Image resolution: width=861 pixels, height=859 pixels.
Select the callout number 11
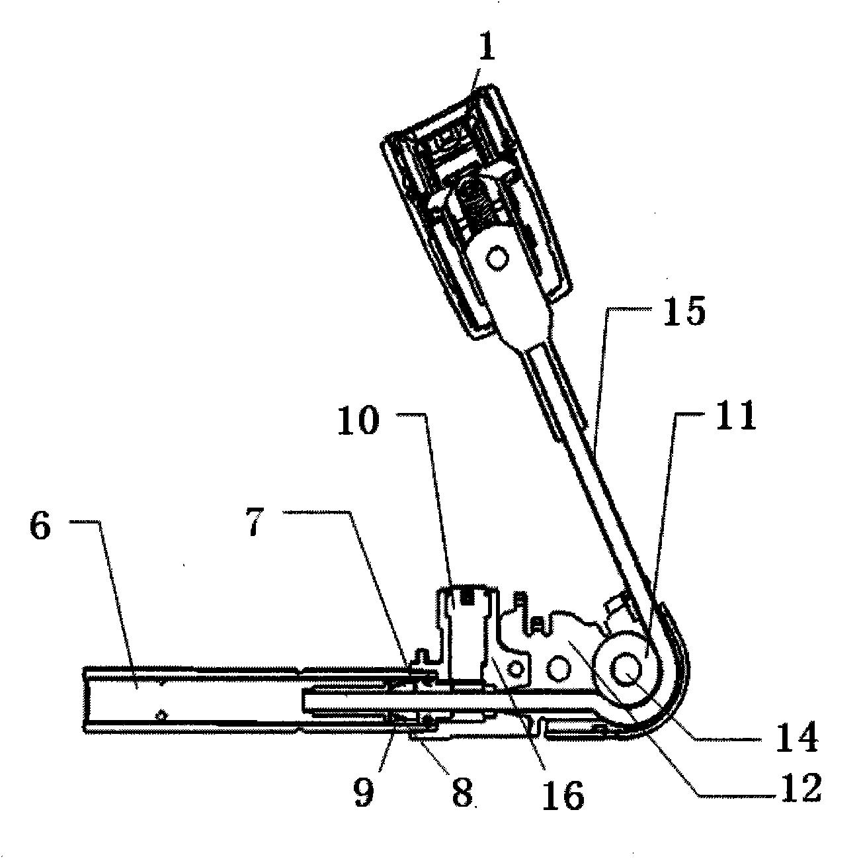pos(736,415)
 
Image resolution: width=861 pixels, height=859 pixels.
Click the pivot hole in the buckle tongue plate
pos(497,258)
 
